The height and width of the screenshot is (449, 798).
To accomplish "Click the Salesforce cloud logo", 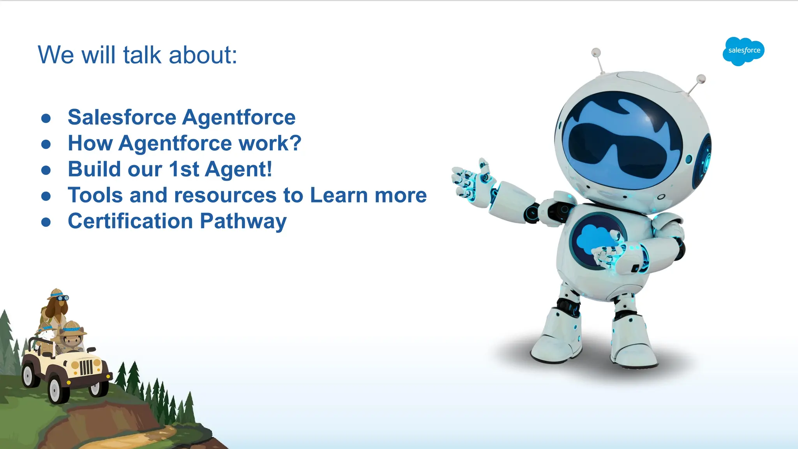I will pyautogui.click(x=743, y=51).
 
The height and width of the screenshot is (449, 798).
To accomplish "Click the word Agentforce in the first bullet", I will pyautogui.click(x=239, y=117).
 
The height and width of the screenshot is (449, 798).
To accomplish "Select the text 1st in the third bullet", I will pyautogui.click(x=184, y=169).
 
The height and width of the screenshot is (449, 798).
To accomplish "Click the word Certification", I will pyautogui.click(x=130, y=221).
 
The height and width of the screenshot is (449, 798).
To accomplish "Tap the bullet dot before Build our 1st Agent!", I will pyautogui.click(x=46, y=170).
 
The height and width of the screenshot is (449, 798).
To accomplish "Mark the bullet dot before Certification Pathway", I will pyautogui.click(x=46, y=222).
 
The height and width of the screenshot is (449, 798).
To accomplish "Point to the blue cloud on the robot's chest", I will pyautogui.click(x=592, y=238).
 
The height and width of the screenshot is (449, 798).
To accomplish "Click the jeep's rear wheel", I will pyautogui.click(x=28, y=374).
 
